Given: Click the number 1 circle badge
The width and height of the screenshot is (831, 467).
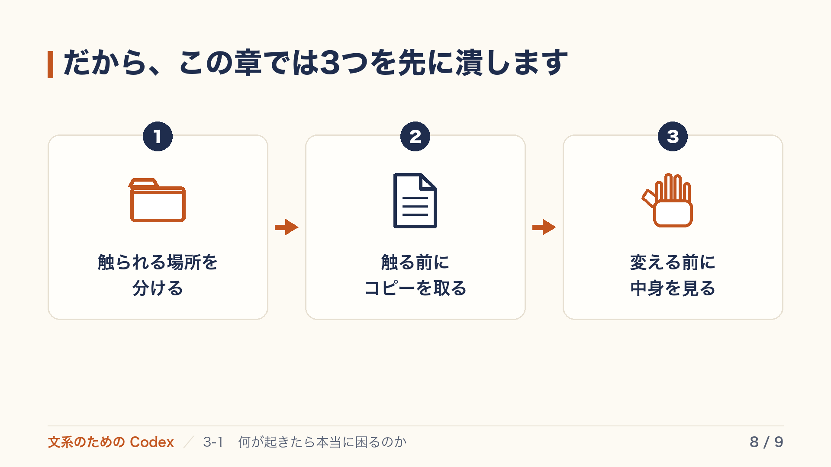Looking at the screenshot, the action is tap(158, 137).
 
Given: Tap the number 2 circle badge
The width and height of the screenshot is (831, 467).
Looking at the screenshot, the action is tap(415, 137).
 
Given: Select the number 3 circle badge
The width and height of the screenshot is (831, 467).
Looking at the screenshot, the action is tap(673, 137).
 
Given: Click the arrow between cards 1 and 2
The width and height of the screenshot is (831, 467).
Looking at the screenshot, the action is tap(287, 227).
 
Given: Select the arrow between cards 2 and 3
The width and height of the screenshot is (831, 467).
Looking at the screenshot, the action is tap(544, 227).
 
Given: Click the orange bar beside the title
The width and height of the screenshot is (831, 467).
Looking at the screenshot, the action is tap(50, 64).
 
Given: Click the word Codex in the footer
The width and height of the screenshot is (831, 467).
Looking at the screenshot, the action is tap(151, 442).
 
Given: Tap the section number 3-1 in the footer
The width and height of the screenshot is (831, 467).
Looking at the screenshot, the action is tap(213, 442).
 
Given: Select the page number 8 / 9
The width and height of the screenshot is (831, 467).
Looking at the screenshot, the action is tap(767, 442).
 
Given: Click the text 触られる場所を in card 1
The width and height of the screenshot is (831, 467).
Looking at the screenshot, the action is tap(158, 262).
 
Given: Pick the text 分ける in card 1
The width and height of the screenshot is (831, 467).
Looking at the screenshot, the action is tap(158, 288).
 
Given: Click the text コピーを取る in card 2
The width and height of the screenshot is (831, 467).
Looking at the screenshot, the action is tap(415, 288).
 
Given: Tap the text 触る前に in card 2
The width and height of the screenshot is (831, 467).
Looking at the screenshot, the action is tap(415, 262).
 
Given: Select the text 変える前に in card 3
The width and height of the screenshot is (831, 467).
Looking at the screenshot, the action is tap(673, 262).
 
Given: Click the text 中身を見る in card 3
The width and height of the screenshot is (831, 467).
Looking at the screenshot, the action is tap(673, 288).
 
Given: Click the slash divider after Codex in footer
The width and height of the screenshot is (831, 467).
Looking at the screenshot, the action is tap(188, 442).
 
